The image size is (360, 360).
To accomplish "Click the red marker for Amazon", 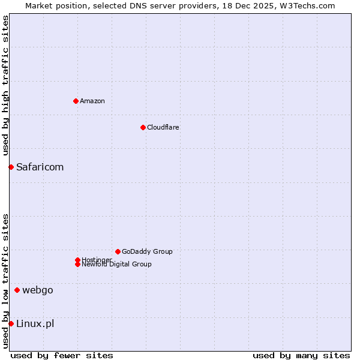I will [x=76, y=101].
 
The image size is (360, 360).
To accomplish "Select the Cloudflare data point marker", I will [x=143, y=127].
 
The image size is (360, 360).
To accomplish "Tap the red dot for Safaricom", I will [x=11, y=167].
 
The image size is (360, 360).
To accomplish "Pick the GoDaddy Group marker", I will [x=118, y=251].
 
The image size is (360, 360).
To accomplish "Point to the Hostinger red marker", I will [x=77, y=260].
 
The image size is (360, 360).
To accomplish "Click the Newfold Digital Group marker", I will [x=77, y=264].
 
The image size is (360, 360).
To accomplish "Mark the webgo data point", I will [x=17, y=290].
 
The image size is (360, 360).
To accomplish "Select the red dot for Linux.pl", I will [x=11, y=324].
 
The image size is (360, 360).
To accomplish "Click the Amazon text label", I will [x=92, y=101].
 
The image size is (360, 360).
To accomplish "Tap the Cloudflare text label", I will [x=163, y=127].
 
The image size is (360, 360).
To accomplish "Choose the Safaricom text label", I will [x=40, y=167].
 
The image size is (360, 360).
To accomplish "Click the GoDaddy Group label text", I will [x=147, y=251].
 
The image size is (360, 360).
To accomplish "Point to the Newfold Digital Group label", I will [x=117, y=265].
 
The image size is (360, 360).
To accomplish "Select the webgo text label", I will [x=38, y=290].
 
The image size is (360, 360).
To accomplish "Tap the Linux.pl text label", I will [x=35, y=324].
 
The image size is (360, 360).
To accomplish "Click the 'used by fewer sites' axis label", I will [x=62, y=355].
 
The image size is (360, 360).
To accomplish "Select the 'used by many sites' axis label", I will [x=301, y=355].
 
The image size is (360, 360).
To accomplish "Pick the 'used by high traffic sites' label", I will [x=5, y=85].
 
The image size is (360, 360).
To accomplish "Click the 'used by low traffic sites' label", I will [x=5, y=281].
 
